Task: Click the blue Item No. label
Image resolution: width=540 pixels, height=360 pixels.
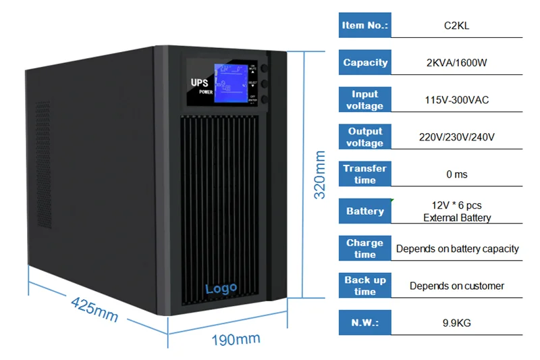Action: click(x=365, y=26)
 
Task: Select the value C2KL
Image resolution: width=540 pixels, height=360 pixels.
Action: click(x=457, y=26)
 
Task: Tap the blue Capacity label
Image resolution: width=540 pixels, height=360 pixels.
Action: click(x=365, y=63)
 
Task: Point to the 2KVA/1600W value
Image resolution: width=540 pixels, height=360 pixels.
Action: click(x=457, y=63)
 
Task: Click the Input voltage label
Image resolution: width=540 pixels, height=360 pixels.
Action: click(x=365, y=100)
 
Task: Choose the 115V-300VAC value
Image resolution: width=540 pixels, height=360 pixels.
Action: click(x=457, y=100)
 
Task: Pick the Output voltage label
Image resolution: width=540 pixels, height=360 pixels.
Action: click(x=365, y=137)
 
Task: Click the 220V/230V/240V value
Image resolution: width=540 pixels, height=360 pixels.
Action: click(x=457, y=137)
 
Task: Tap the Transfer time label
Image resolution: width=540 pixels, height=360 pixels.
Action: click(x=365, y=174)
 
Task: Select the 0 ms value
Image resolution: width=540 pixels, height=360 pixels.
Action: click(x=457, y=174)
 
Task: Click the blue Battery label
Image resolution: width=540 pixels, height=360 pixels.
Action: click(x=365, y=211)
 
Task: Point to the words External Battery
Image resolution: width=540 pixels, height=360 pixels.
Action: click(x=457, y=217)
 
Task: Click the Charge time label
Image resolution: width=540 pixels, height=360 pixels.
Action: click(x=365, y=249)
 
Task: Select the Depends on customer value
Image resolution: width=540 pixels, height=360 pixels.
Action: click(x=457, y=286)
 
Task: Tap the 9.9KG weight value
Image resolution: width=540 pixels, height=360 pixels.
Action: click(x=457, y=323)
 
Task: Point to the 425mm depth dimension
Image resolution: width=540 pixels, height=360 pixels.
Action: click(x=94, y=308)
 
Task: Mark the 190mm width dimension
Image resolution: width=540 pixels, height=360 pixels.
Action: click(x=236, y=339)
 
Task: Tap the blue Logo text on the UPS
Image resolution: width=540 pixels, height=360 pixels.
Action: click(x=221, y=288)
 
